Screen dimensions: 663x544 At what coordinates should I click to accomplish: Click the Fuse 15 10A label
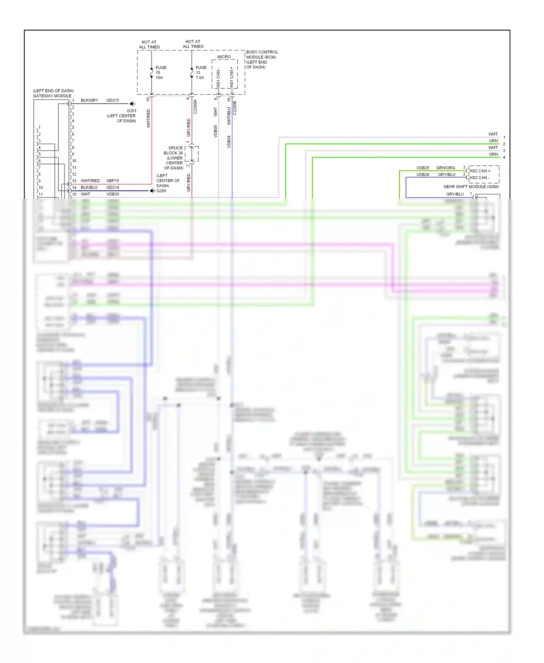pos(161,73)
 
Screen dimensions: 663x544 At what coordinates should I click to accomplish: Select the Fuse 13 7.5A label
pos(201,73)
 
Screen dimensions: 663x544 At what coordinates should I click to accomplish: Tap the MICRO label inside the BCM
pos(224,57)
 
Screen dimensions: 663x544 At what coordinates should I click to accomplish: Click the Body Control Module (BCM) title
pos(262,59)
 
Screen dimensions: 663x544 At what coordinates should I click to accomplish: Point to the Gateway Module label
pos(52,96)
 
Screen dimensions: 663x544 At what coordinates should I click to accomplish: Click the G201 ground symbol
pos(133,104)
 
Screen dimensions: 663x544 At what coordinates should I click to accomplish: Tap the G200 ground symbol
pos(153,191)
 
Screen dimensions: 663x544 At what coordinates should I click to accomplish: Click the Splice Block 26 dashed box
pos(192,154)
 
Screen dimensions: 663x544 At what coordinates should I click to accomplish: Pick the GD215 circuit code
pos(112,100)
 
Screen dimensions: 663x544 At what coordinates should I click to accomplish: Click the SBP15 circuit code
pos(112,181)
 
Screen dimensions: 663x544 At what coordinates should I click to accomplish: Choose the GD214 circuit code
pos(112,188)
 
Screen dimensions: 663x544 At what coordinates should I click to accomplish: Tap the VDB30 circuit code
pos(112,194)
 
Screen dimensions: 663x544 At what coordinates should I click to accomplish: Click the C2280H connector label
pos(195,107)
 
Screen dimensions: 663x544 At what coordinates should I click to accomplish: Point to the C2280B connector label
pos(235,108)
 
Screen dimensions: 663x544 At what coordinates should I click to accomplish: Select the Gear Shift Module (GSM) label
pos(471,186)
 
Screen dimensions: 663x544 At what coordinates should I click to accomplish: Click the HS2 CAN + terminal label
pos(480,171)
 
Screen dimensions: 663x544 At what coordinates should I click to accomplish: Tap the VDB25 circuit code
pos(423,168)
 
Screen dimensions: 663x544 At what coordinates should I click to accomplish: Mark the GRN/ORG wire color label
pos(445,168)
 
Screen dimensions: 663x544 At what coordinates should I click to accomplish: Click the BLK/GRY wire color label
pos(89,100)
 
